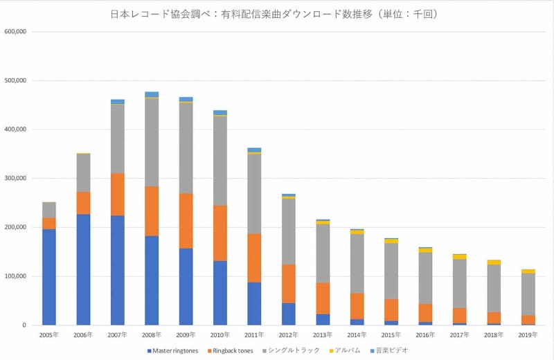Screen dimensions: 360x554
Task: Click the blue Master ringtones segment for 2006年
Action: (83, 269)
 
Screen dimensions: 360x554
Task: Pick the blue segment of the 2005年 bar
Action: (48, 277)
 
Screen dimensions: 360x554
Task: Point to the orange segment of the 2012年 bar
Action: (288, 283)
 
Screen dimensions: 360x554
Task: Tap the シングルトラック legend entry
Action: (293, 350)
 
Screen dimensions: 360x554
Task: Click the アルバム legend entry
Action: (344, 350)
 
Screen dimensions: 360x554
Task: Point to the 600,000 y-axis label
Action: (15, 31)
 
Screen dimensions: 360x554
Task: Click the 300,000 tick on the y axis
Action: (15, 179)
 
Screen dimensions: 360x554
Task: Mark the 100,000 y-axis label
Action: (15, 276)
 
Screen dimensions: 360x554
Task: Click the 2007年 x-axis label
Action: (117, 334)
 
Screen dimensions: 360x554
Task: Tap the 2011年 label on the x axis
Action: (254, 334)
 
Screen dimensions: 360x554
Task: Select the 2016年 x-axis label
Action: (425, 334)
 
